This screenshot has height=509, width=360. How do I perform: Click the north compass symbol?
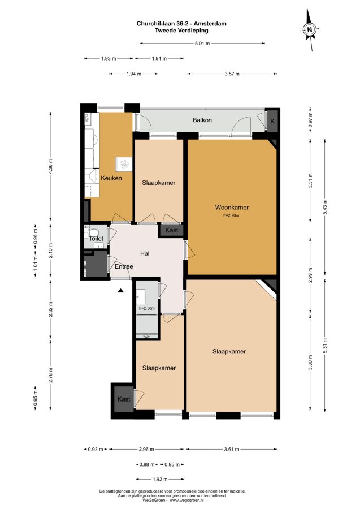(310, 29)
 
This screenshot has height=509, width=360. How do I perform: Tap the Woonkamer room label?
(232, 208)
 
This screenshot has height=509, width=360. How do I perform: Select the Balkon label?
(202, 120)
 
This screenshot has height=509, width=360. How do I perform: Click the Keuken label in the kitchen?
(111, 178)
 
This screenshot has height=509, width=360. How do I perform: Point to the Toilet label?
(96, 239)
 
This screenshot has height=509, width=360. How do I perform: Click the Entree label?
(124, 266)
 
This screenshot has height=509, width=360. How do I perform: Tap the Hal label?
(145, 253)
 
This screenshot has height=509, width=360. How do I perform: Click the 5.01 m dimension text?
(202, 43)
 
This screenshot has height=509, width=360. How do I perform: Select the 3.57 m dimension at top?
(232, 74)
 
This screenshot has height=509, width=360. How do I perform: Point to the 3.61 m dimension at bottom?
(232, 449)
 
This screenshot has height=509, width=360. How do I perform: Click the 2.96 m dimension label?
(146, 449)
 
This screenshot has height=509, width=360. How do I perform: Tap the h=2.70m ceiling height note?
(231, 215)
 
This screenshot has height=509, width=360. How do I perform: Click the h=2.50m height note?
(146, 308)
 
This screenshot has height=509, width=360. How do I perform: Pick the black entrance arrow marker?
(121, 291)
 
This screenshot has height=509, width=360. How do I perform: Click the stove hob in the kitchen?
(124, 164)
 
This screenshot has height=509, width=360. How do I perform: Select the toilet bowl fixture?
(94, 232)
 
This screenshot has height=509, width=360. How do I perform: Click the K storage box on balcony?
(272, 121)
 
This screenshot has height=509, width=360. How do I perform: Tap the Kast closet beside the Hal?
(172, 230)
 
